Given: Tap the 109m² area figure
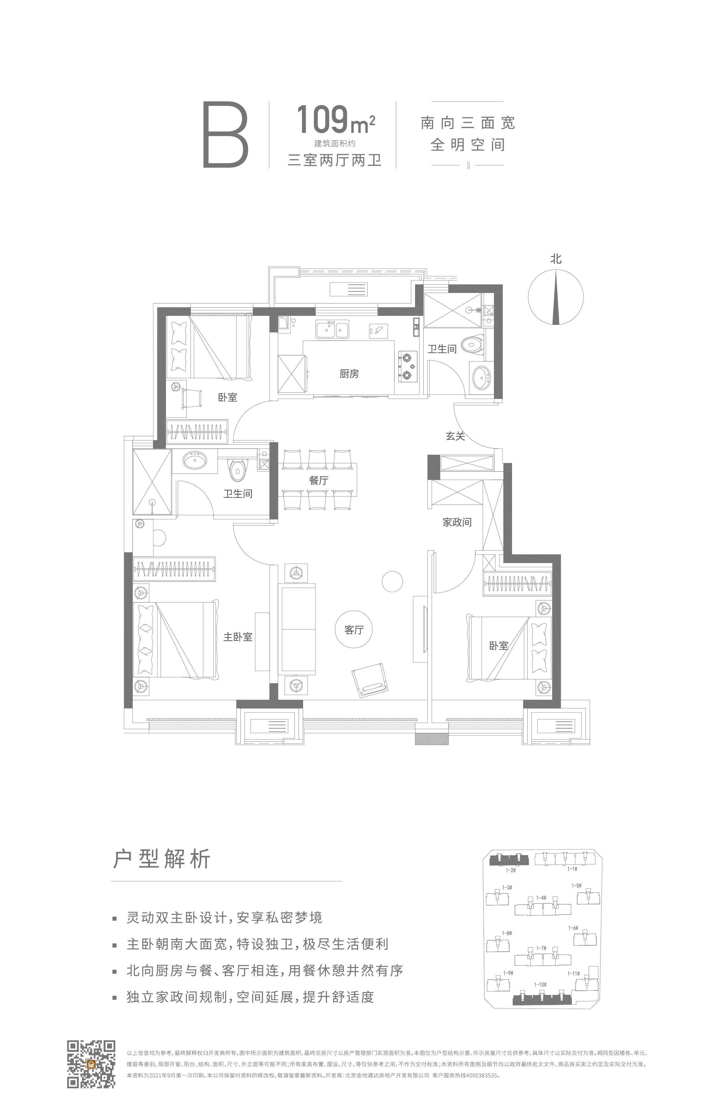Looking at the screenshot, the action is click(x=335, y=120).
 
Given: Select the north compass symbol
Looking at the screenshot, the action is click(x=555, y=297).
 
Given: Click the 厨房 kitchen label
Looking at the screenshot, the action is click(x=349, y=374).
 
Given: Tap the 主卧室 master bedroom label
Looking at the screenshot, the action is click(x=238, y=637).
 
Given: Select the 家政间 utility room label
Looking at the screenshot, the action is click(x=457, y=522).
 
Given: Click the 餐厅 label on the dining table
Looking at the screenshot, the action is click(x=319, y=481).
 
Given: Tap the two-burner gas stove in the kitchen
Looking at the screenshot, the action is click(x=407, y=366).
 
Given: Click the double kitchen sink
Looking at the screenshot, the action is click(x=333, y=330).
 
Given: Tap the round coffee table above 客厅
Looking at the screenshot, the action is click(x=392, y=581).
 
